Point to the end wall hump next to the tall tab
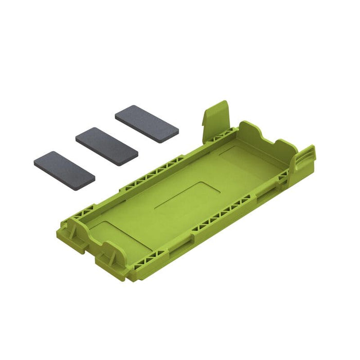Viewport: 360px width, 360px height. tap(250, 129)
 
